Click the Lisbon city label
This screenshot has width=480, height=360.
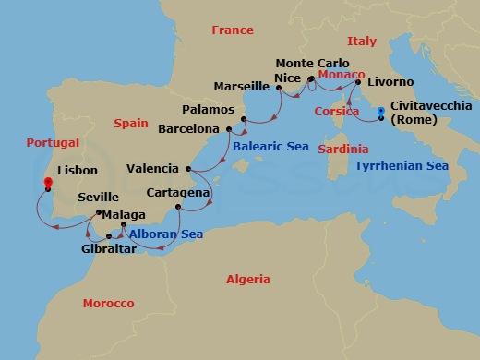coord(78,171)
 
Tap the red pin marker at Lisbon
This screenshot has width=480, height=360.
coord(47,183)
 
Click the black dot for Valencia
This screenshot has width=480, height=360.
coord(188,169)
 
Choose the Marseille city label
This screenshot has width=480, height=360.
coord(242,87)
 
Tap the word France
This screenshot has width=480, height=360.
coord(232,30)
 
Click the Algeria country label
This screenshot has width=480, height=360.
coord(248,279)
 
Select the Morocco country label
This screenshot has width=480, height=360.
coord(109,303)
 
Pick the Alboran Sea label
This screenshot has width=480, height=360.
coord(166,234)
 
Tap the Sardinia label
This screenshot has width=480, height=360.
coord(342,149)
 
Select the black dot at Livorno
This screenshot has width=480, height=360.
coord(358,82)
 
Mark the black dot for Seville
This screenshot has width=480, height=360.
coord(99,214)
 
